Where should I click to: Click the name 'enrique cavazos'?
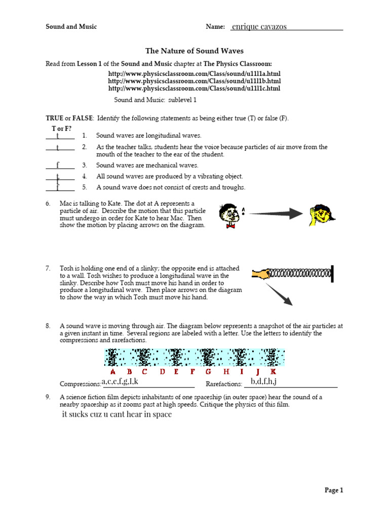(x=259, y=27)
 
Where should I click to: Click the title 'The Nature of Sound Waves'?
(x=194, y=51)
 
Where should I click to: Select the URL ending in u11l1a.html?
(x=194, y=74)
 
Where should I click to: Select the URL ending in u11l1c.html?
(x=194, y=89)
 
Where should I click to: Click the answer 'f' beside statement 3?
(x=58, y=165)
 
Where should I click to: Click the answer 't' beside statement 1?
(x=58, y=136)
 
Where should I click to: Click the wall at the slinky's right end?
(x=333, y=274)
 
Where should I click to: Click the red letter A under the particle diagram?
(x=113, y=372)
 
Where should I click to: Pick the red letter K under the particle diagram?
(x=273, y=372)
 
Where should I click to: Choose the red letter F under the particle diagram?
(x=193, y=372)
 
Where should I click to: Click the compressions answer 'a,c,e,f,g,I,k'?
(x=120, y=381)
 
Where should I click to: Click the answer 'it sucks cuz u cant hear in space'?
(x=116, y=415)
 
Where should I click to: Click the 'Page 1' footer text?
(x=334, y=490)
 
